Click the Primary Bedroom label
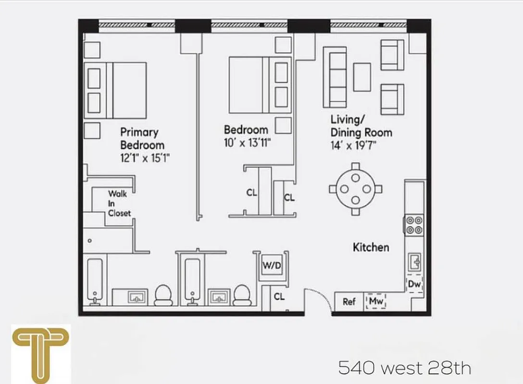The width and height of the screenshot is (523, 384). point(142,138)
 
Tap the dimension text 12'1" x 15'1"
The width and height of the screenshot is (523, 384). point(145,157)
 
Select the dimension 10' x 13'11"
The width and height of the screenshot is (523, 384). point(246,143)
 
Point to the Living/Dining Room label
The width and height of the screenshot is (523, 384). point(361,126)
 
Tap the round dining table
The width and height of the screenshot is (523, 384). point(355,189)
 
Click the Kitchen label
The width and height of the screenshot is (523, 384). point(371,247)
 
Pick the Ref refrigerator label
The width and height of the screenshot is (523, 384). point(349,302)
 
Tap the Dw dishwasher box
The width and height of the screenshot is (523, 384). point(414,284)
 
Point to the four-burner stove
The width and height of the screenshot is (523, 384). point(414,225)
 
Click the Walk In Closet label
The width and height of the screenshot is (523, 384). point(118,204)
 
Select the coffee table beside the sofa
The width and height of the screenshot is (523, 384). point(362,77)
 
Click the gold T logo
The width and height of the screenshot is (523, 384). point(40,350)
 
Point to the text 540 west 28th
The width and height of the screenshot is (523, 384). point(404,368)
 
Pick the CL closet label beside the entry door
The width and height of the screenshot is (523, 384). point(279,297)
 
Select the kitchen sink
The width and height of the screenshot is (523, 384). point(414,262)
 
